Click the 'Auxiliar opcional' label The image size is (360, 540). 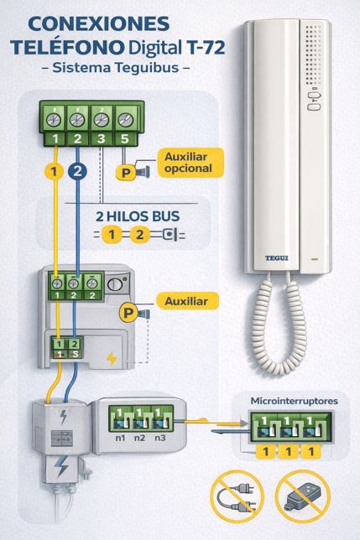[x=189, y=162]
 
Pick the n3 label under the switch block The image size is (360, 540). [x=158, y=438]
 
